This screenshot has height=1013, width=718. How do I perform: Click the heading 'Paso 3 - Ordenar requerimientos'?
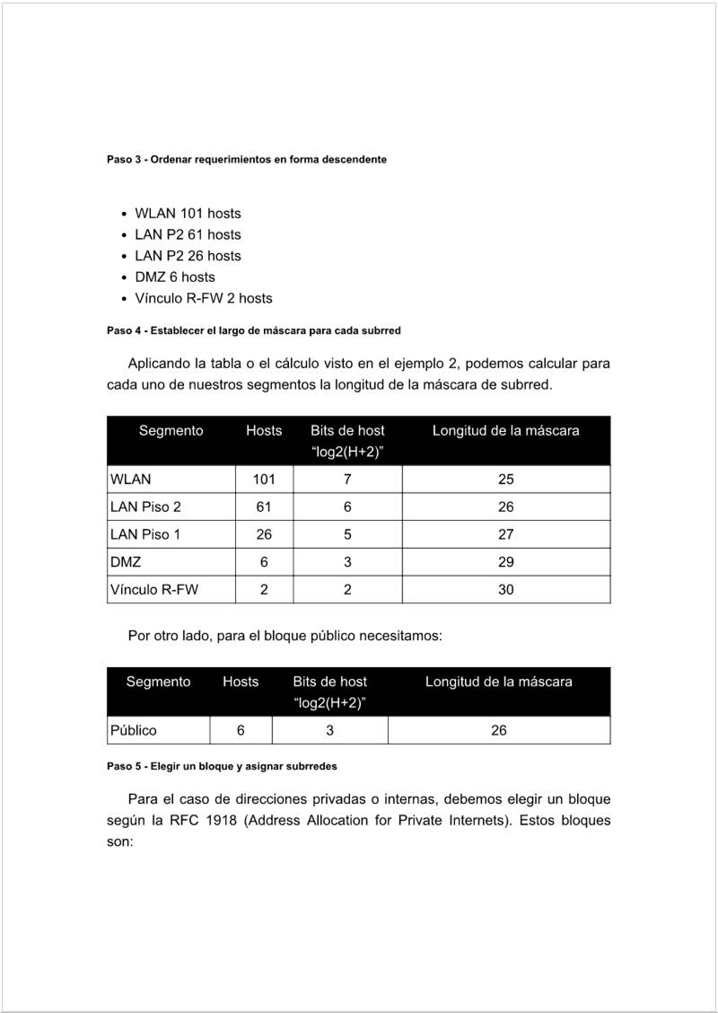tap(247, 159)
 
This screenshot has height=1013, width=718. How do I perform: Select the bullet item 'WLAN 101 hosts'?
tap(188, 214)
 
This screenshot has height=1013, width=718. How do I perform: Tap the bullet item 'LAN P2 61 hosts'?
tap(188, 234)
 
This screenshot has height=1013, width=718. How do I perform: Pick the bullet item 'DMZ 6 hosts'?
tap(175, 277)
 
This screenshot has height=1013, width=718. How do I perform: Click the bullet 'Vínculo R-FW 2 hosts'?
tap(203, 298)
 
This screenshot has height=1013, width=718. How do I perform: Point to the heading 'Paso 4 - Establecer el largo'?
tap(253, 330)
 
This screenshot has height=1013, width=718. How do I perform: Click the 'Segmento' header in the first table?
tap(171, 431)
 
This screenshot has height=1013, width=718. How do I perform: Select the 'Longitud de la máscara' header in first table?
tap(505, 431)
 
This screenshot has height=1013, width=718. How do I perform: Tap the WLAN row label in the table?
tap(130, 480)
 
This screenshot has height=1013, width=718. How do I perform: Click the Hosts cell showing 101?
tap(264, 480)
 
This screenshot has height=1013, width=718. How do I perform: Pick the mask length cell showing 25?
tap(505, 480)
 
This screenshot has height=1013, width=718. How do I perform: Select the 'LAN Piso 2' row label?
tap(145, 507)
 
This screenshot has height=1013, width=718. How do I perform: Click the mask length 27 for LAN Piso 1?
tap(505, 535)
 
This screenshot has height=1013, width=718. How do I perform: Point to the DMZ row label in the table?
tap(126, 563)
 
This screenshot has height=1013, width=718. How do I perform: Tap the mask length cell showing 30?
tap(505, 591)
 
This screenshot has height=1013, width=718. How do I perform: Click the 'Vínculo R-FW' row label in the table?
tap(153, 591)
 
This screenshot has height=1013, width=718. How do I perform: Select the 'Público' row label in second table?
tap(133, 731)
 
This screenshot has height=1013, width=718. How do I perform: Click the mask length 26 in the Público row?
tap(498, 731)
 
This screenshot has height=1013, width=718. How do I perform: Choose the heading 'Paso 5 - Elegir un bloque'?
tap(222, 767)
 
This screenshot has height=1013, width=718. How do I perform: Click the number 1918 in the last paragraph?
tap(222, 821)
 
